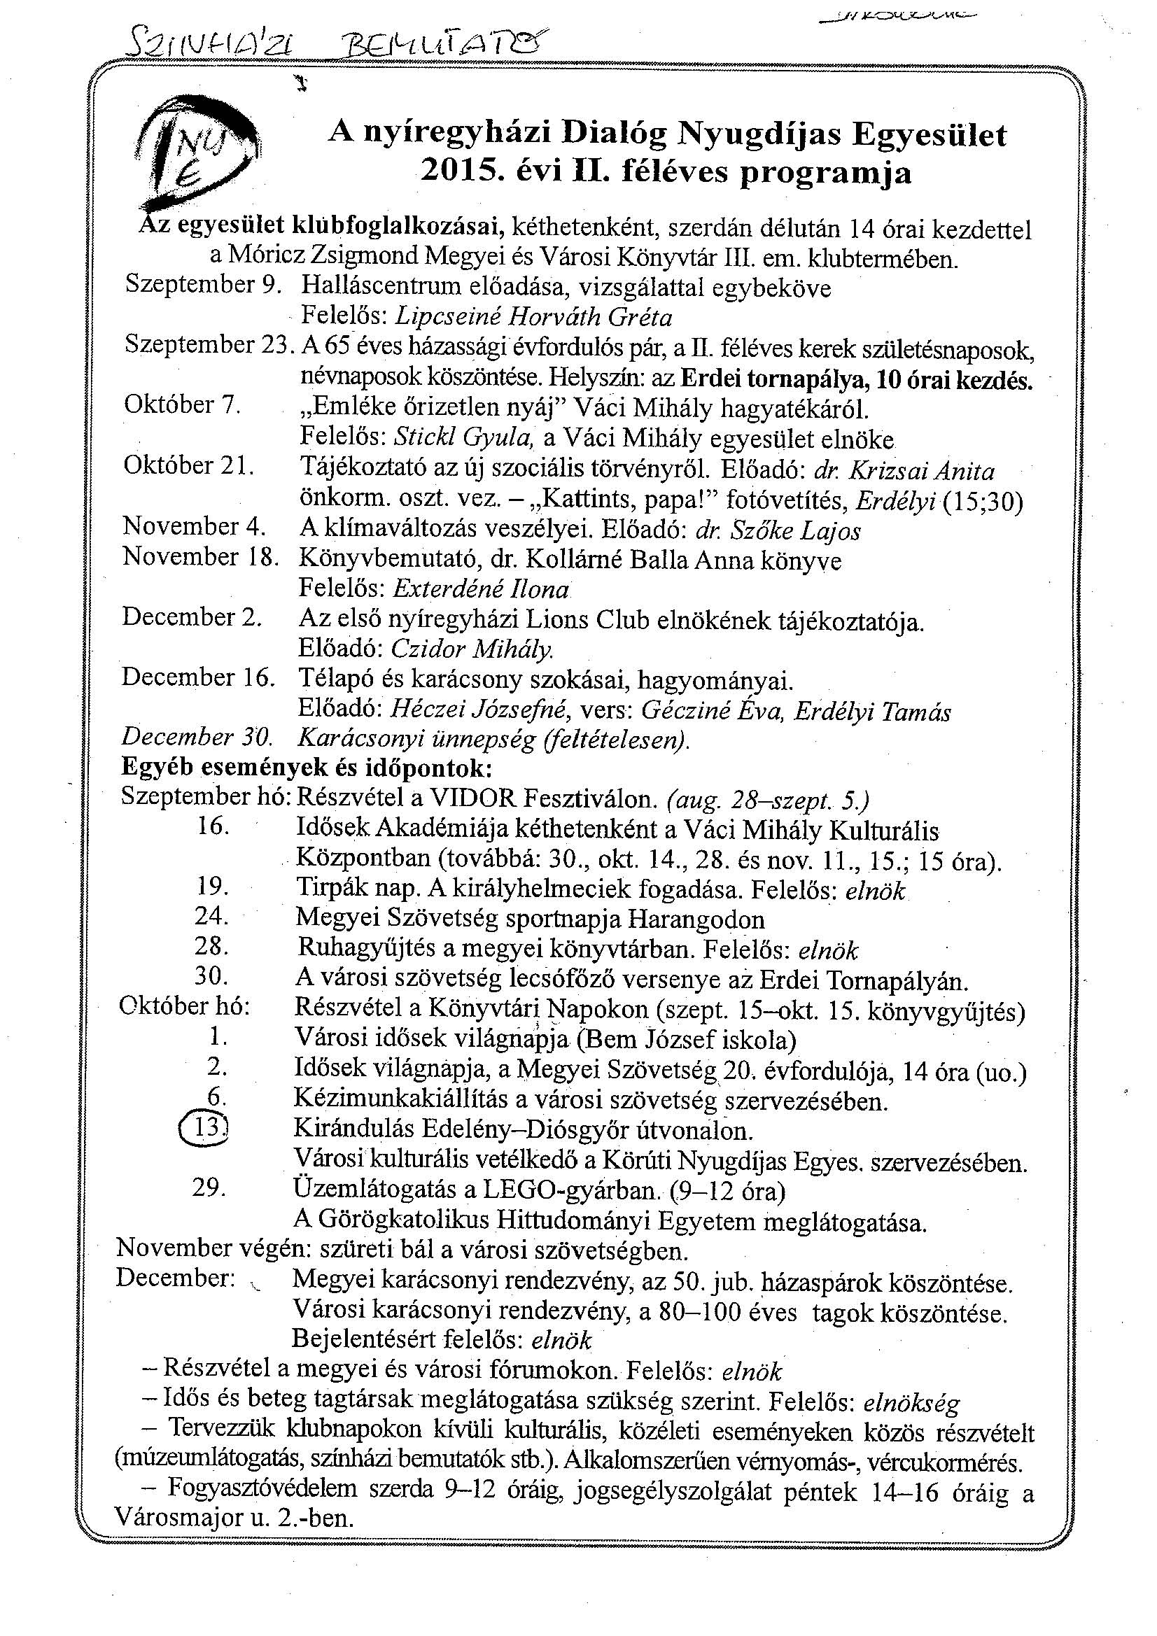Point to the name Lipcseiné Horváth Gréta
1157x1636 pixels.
533,316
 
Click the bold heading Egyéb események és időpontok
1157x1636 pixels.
307,768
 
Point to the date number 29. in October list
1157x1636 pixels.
209,1187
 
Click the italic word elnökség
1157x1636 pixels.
911,1403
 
